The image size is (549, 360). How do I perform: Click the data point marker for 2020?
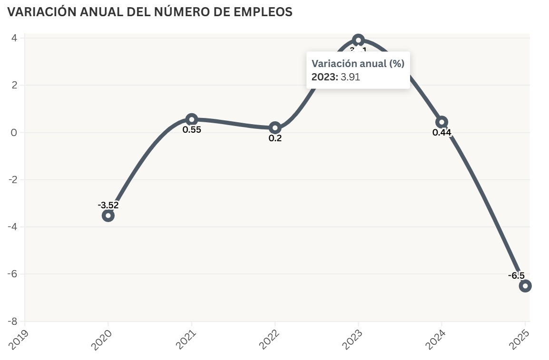click(108, 215)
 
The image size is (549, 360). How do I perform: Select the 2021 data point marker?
click(192, 119)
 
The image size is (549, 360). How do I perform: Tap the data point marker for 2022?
click(275, 127)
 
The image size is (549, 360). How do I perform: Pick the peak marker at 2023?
click(358, 40)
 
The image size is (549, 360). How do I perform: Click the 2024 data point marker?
click(441, 122)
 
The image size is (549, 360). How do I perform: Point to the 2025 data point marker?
click(525, 286)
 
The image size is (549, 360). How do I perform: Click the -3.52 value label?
click(108, 205)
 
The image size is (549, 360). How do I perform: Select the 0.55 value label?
click(192, 129)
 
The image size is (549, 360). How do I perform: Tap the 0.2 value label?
click(275, 138)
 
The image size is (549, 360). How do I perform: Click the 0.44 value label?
click(441, 133)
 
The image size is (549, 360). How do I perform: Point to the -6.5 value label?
click(516, 275)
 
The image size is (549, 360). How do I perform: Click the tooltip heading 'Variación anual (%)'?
click(358, 64)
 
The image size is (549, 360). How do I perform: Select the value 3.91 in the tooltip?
click(350, 77)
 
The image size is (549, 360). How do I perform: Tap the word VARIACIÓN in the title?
click(36, 12)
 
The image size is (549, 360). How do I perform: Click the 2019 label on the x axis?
click(19, 339)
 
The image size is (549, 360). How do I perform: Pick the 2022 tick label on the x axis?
click(269, 339)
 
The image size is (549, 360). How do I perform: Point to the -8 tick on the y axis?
click(13, 321)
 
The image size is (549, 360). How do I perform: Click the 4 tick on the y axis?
click(15, 38)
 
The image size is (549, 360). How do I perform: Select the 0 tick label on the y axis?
click(14, 132)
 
